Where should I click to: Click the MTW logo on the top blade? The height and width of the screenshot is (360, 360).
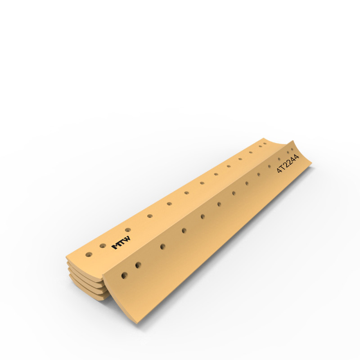121,243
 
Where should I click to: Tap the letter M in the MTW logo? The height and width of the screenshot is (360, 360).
116,246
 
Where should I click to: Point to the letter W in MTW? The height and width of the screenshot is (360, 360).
127,239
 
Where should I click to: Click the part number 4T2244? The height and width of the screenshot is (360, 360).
288,163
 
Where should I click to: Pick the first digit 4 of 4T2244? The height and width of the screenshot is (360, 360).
279,170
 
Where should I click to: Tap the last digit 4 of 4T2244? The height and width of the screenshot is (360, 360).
297,157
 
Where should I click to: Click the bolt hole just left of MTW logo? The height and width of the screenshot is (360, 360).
103,246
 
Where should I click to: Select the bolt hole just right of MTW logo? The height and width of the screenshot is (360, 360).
128,230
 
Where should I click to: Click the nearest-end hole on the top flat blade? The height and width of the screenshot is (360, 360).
89,254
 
